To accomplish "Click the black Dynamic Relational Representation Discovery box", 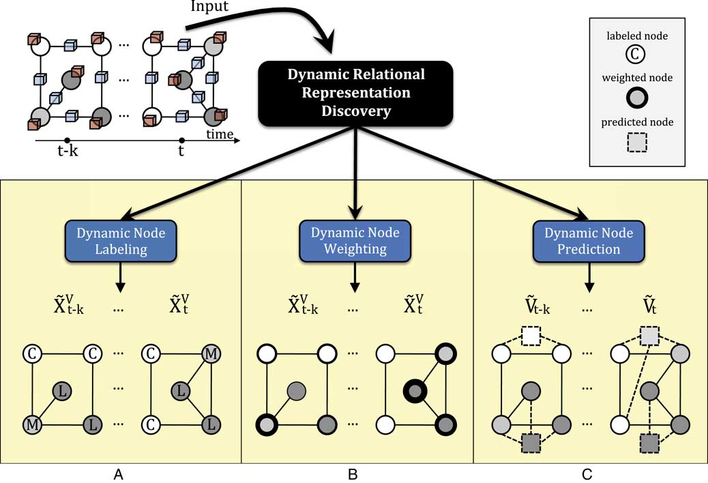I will [355, 93].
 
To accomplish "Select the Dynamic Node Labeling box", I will [121, 240].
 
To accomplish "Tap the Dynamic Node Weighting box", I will [354, 240].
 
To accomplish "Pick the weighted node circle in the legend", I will [636, 98].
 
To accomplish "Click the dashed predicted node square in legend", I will [636, 142].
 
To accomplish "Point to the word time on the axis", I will [220, 134].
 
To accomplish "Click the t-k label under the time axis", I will [66, 151].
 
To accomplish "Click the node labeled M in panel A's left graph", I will [31, 425].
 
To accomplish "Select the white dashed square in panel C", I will [530, 336].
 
